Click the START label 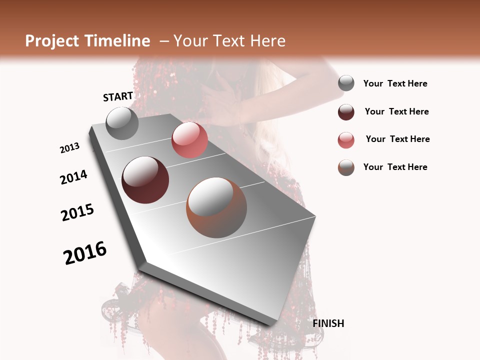click(118, 96)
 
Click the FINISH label click(328, 323)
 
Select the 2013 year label click(69, 148)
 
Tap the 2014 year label click(73, 177)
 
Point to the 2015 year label click(77, 212)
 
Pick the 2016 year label click(85, 252)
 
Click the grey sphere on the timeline click(122, 123)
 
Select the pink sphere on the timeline click(189, 140)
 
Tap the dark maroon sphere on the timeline click(145, 180)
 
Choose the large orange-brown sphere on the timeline click(216, 207)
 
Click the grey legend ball click(346, 83)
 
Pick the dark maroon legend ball click(346, 112)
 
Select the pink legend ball click(346, 140)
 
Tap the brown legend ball click(346, 167)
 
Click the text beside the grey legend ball click(395, 84)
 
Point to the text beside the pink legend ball click(397, 139)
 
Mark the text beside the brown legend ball click(395, 167)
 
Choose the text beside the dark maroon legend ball click(396, 111)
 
